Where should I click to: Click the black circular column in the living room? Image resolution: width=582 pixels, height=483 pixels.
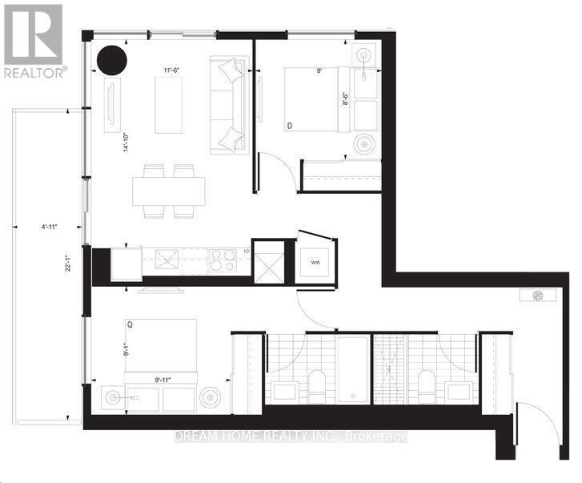[x=111, y=59]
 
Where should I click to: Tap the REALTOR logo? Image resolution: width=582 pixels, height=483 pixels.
[x=33, y=41]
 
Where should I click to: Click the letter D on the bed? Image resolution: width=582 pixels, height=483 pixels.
[x=289, y=125]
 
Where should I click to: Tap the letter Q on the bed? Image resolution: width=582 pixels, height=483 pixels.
[x=130, y=325]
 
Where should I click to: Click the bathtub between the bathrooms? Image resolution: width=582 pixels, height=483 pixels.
[x=352, y=368]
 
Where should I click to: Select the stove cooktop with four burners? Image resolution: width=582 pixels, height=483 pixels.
[x=221, y=260]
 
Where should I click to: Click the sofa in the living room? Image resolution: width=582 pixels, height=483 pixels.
[x=230, y=104]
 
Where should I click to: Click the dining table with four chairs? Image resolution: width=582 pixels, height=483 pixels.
[x=169, y=191]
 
